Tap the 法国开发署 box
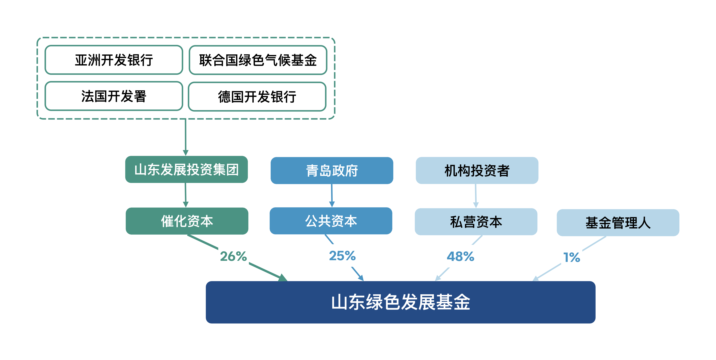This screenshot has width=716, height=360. pyautogui.click(x=114, y=96)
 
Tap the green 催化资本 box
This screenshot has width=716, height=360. pyautogui.click(x=187, y=221)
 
